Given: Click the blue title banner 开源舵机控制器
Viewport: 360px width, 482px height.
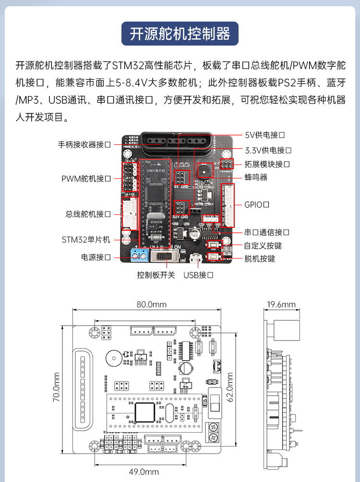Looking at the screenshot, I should click(x=180, y=34).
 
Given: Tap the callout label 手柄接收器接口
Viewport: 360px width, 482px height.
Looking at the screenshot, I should click(x=84, y=144).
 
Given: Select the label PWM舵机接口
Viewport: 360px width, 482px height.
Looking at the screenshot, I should click(x=86, y=178).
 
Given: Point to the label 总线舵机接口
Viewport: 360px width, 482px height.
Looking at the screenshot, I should click(x=88, y=214).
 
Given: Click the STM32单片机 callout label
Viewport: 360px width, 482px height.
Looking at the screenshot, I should click(x=86, y=239).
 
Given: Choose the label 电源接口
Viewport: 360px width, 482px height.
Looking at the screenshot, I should click(x=96, y=257).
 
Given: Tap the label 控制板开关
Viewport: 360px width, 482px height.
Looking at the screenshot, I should click(x=156, y=275).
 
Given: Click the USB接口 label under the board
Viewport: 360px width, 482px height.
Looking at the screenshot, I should click(x=198, y=275).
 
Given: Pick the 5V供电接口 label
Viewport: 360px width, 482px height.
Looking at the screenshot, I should click(x=265, y=135).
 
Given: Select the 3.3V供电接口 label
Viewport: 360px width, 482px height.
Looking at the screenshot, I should click(x=268, y=150).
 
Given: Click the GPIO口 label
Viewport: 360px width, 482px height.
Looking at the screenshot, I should click(x=256, y=205).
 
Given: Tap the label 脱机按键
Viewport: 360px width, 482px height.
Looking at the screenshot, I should click(x=259, y=259).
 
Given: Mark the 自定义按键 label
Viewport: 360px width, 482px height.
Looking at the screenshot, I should click(x=263, y=246).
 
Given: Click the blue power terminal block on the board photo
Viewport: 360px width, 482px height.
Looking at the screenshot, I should click(x=139, y=256).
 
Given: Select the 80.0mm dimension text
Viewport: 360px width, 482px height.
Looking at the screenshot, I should click(x=151, y=304).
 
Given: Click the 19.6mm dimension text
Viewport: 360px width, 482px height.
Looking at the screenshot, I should click(x=281, y=304).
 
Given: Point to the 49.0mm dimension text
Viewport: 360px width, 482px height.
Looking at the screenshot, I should click(x=144, y=471).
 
